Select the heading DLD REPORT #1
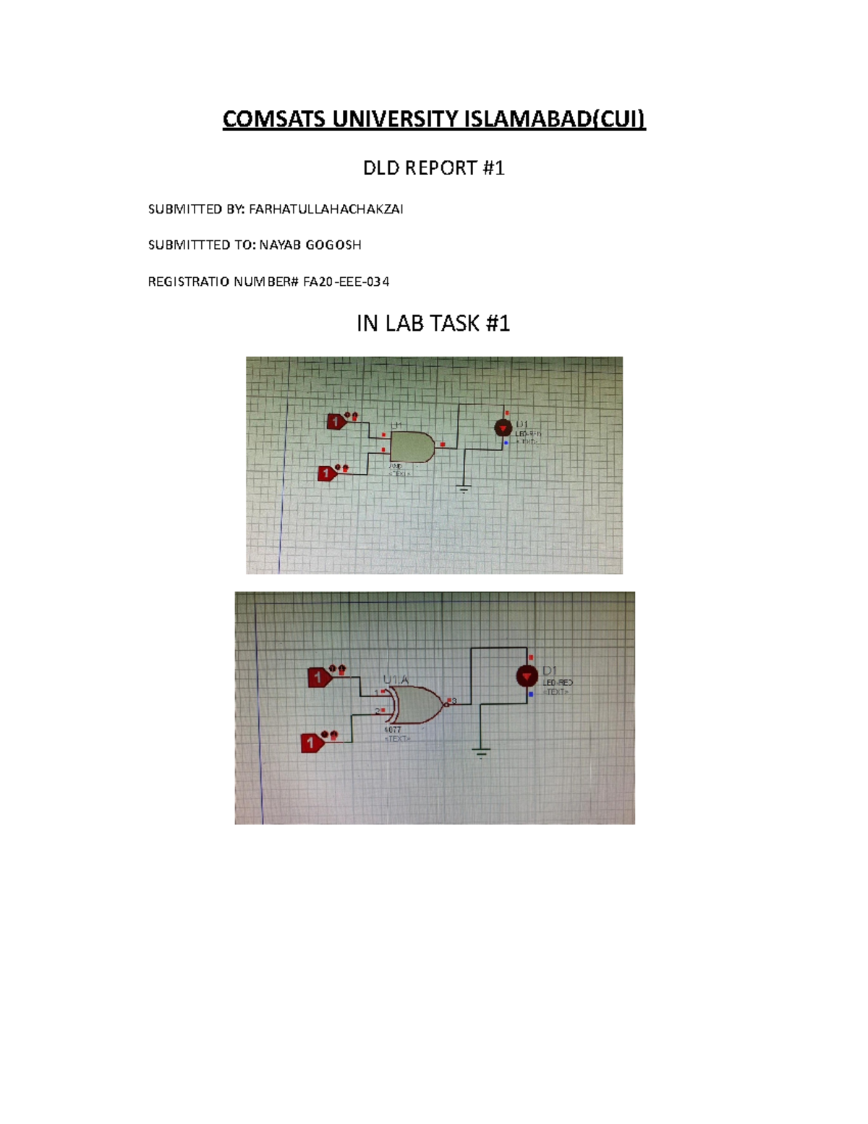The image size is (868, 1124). click(433, 168)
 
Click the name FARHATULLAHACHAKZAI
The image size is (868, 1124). click(326, 209)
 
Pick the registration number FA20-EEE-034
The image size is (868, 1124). click(346, 282)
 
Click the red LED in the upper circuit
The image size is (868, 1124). click(503, 428)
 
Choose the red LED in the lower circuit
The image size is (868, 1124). click(527, 677)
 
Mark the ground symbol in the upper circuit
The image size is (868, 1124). click(464, 489)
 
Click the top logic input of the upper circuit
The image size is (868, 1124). click(336, 421)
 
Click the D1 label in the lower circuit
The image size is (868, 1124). click(550, 670)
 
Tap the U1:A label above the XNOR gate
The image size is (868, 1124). click(396, 680)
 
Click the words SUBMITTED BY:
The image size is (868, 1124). click(196, 209)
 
